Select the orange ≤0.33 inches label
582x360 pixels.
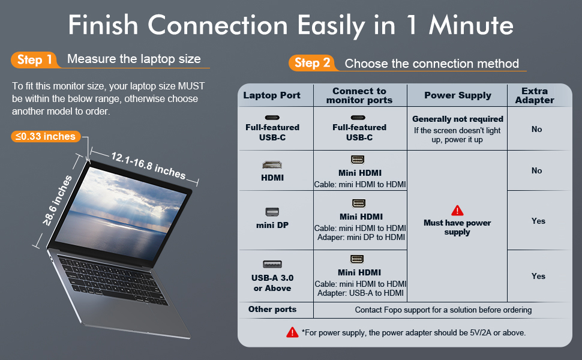point(46,137)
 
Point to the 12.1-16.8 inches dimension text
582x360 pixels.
point(148,165)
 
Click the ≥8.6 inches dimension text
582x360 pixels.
point(58,200)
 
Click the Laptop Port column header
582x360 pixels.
point(272,95)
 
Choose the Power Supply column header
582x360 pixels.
point(457,95)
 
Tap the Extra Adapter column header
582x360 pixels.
point(534,95)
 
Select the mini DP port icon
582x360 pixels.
point(272,212)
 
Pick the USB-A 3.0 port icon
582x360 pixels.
point(272,264)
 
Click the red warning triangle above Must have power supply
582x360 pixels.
point(457,211)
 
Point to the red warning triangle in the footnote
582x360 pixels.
point(292,332)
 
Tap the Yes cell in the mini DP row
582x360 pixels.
point(538,221)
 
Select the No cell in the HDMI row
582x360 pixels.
point(536,170)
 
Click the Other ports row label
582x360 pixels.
point(272,310)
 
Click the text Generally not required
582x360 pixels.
point(457,119)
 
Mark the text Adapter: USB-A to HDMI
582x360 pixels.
point(361,294)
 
